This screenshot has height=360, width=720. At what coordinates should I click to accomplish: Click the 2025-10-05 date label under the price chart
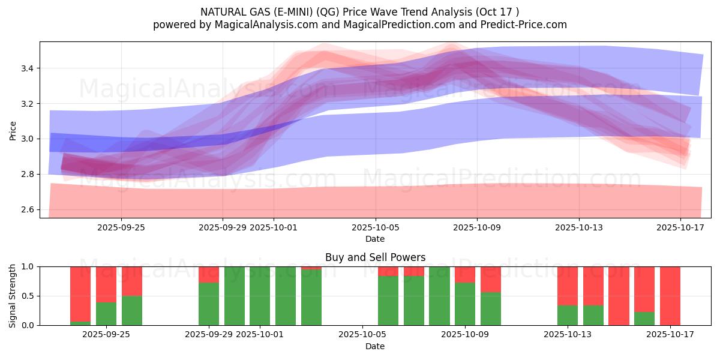[376, 228]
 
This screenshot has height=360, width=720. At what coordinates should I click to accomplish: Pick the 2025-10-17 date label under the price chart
[680, 228]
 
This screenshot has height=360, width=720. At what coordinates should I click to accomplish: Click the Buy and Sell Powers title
[375, 257]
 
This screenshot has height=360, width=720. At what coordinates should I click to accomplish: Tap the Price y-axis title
[13, 130]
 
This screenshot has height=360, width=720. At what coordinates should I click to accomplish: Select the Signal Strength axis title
[13, 296]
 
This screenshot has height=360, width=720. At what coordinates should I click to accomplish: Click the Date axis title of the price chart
[375, 239]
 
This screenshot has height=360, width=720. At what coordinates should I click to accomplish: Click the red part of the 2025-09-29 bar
[209, 274]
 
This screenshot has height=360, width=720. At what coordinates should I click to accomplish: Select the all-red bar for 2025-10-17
[670, 296]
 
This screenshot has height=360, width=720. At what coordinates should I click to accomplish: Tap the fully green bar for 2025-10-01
[260, 296]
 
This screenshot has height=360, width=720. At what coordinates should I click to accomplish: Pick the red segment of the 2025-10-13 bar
[567, 286]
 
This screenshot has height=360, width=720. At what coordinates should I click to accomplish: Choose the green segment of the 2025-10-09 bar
[465, 304]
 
